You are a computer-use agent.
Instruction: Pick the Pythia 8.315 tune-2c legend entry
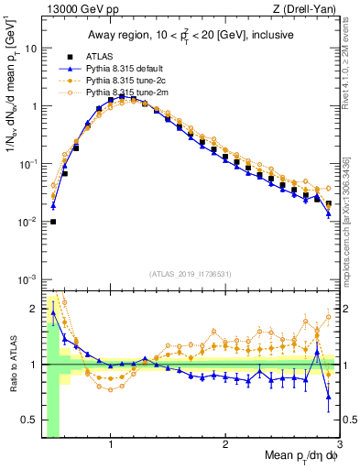coord(122,81)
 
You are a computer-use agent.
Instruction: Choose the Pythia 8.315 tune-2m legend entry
coord(123,93)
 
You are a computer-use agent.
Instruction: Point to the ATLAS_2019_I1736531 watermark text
coord(191,273)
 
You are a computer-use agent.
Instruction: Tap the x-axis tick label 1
coord(111,445)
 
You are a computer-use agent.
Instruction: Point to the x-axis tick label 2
coord(225,445)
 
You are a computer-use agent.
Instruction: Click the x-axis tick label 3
coord(339,445)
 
